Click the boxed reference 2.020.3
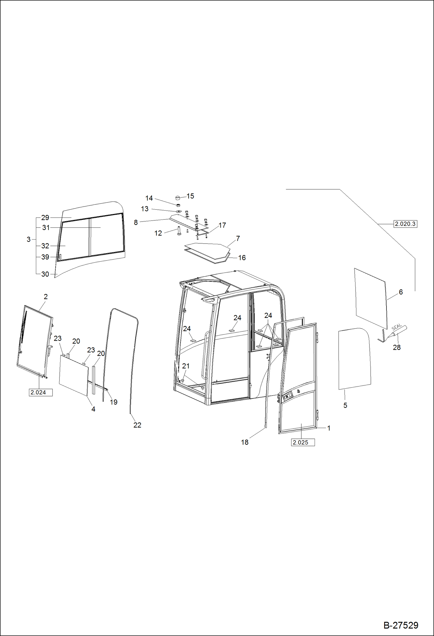(x=405, y=224)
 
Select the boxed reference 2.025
(x=302, y=442)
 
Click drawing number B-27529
(x=401, y=625)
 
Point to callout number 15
(x=190, y=196)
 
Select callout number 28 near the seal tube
(x=396, y=347)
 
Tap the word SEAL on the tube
(x=396, y=327)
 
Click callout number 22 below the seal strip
(x=137, y=425)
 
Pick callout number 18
(x=245, y=442)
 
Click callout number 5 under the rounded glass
(x=345, y=405)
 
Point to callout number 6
(x=401, y=292)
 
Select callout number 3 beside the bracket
(x=28, y=240)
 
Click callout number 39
(x=45, y=257)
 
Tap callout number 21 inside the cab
(x=186, y=366)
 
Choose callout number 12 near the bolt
(x=158, y=233)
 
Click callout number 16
(x=242, y=258)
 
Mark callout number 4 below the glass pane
(x=93, y=409)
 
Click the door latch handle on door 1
(x=288, y=396)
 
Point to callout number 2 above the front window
(x=45, y=297)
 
